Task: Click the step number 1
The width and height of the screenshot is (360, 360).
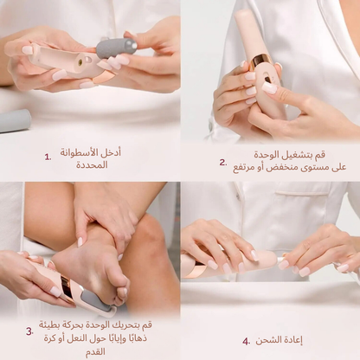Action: (48, 157)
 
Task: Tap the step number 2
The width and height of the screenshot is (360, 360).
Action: (223, 162)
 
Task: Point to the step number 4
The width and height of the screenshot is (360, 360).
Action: (247, 341)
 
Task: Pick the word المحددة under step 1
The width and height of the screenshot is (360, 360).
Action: (91, 164)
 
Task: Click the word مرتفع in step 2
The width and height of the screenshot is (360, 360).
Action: (246, 166)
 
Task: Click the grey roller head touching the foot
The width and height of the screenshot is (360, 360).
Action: (97, 299)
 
